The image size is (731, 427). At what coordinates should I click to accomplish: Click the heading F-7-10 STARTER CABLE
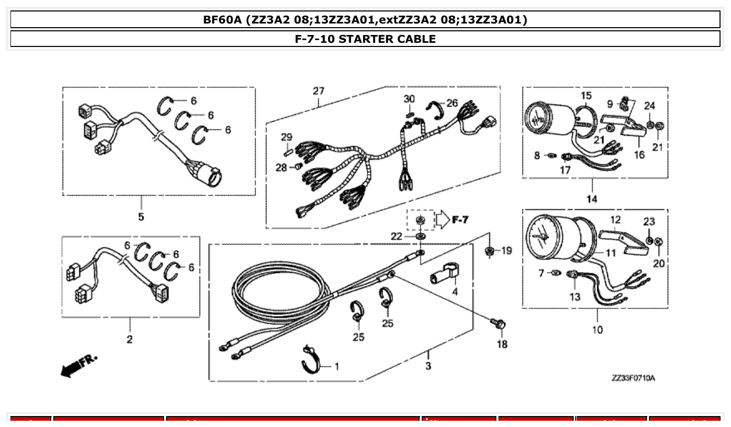click(x=365, y=39)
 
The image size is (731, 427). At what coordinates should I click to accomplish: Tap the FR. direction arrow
click(x=78, y=365)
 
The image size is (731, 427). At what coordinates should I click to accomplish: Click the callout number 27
click(x=319, y=91)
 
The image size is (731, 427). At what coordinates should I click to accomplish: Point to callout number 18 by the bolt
click(x=502, y=345)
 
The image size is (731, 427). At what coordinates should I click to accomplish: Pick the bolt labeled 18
click(x=498, y=325)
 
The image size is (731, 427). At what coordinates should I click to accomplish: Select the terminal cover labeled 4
click(x=443, y=272)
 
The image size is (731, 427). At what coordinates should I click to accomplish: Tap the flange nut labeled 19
click(x=490, y=251)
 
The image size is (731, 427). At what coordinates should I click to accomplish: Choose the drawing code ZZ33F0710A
click(x=633, y=377)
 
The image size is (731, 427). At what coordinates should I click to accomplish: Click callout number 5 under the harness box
click(x=141, y=217)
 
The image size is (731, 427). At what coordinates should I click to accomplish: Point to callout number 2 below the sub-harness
click(x=130, y=339)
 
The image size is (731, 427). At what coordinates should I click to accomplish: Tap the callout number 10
click(x=597, y=329)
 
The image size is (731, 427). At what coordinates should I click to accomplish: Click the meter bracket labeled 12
click(x=622, y=238)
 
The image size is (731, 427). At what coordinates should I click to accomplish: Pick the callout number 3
click(x=428, y=366)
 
